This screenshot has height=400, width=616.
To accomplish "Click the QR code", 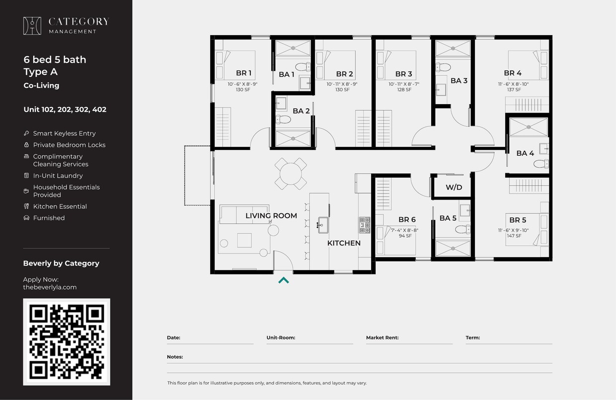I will tap(67, 341).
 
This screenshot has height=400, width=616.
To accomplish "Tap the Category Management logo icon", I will tap(32, 26).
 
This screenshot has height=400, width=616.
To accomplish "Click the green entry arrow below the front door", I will tap(283, 280).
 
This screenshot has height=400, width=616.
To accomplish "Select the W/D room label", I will tap(454, 187).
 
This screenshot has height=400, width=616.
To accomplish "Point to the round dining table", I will tap(291, 174).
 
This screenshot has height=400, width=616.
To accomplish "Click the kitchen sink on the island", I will tap(322, 225).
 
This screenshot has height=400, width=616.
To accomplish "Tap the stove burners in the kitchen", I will tap(365, 225).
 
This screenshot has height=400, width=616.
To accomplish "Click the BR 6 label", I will tap(406, 220).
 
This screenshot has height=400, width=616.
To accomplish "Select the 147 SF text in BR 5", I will tap(514, 236).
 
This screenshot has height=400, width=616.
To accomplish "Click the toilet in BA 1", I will tap(302, 67).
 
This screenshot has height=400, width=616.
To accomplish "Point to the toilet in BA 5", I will tap(462, 229).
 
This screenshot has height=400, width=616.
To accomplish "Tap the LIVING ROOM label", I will tap(271, 216).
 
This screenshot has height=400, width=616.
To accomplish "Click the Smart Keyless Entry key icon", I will tap(26, 133).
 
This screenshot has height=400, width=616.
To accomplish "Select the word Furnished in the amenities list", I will tap(49, 218).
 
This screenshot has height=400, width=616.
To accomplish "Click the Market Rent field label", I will tap(382, 337).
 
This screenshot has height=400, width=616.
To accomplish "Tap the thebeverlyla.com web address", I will tap(50, 287).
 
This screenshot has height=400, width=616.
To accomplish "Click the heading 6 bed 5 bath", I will tap(55, 60).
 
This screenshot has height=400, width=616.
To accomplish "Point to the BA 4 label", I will tap(525, 153).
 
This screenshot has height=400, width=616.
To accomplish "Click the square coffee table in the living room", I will tap(244, 240).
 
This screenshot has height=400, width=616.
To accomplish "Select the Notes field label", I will tap(175, 357).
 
